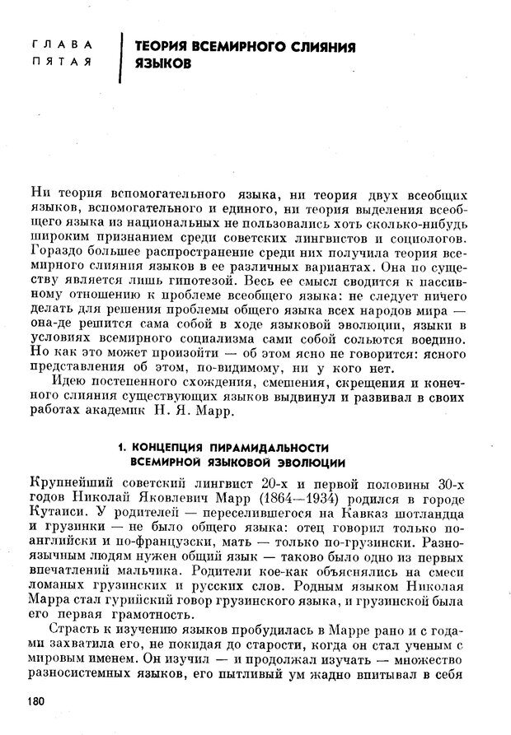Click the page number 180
pyautogui.click(x=38, y=701)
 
